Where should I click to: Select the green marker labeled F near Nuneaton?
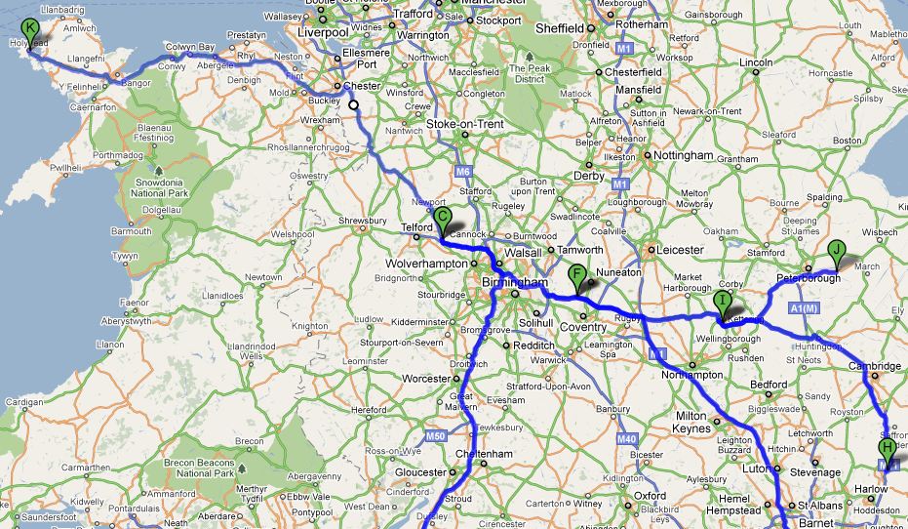tap(576, 275)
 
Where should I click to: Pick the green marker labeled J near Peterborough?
tap(836, 251)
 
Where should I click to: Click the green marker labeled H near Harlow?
tap(887, 449)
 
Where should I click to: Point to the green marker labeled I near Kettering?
tap(722, 302)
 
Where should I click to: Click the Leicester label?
tap(680, 250)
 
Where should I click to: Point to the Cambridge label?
tap(874, 367)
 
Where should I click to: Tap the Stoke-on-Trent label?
tap(465, 125)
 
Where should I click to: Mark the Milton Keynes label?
tap(697, 422)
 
